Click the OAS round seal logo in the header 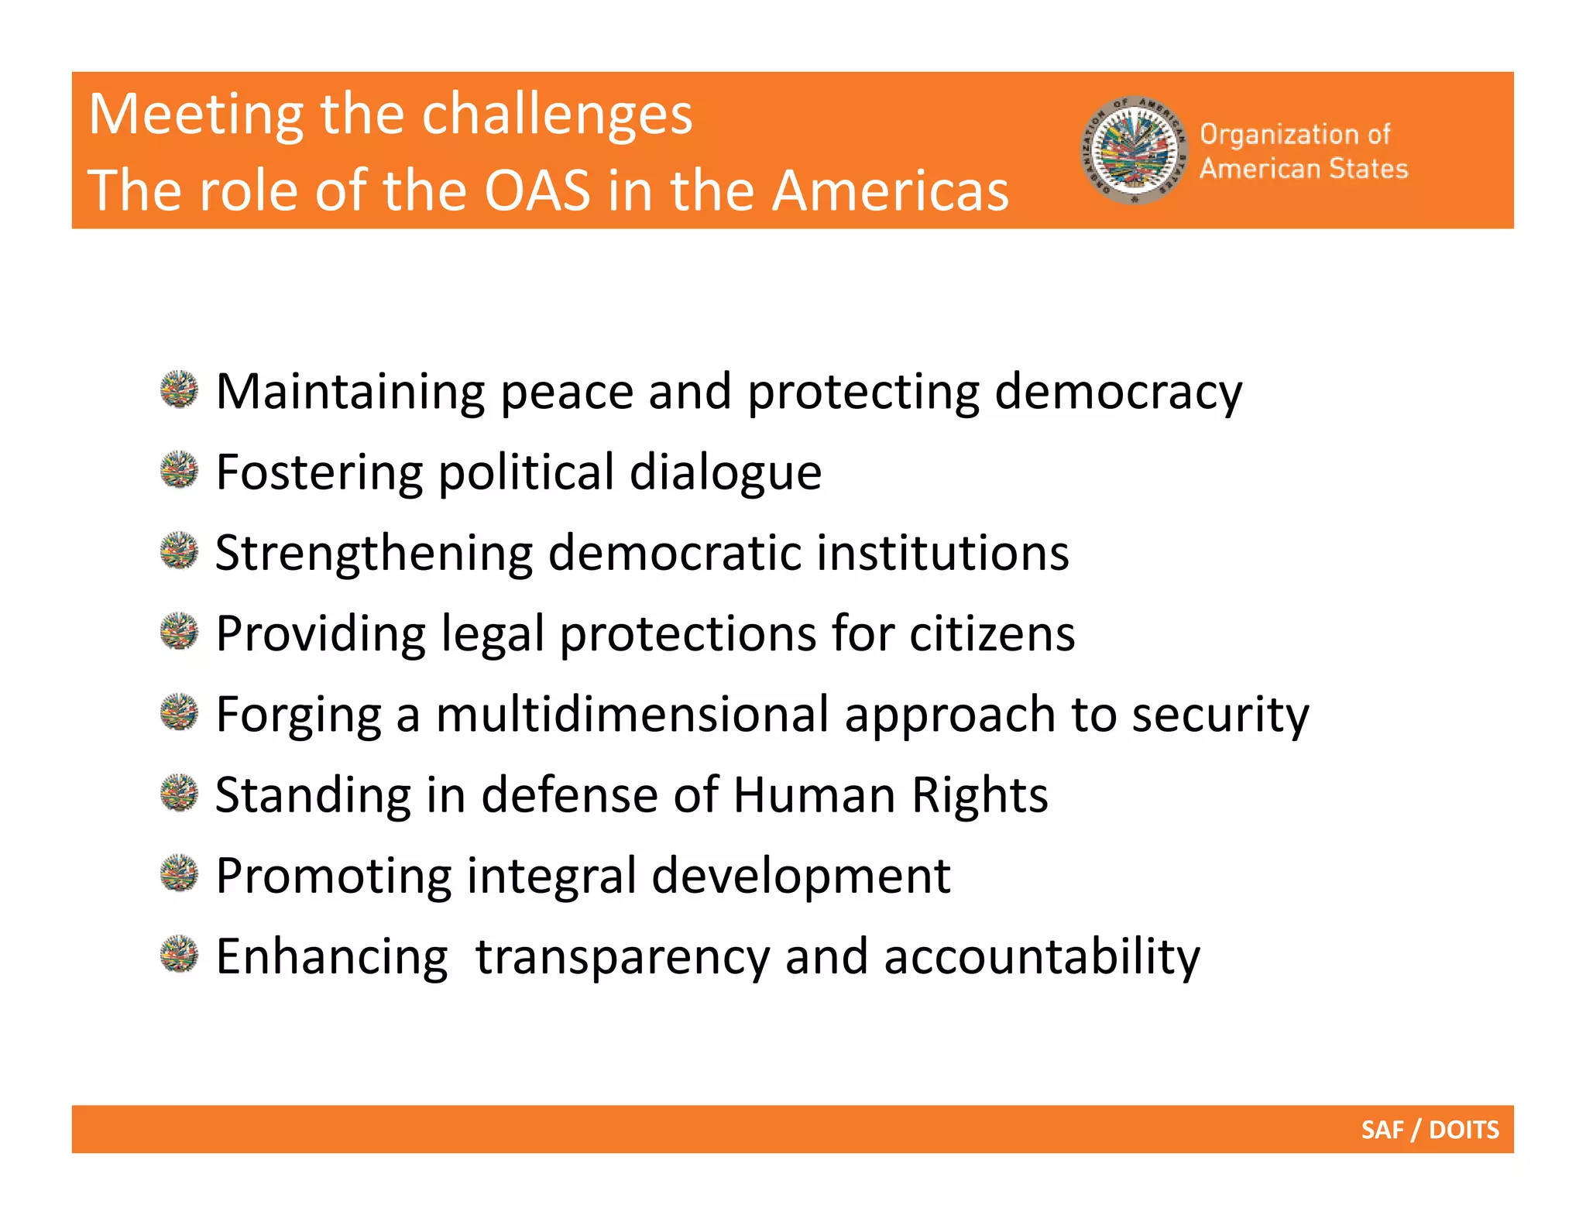(x=1135, y=150)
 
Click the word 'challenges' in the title (x=557, y=115)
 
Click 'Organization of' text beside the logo (x=1295, y=134)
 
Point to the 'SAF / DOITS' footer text (x=1430, y=1130)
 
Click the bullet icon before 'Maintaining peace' (x=180, y=389)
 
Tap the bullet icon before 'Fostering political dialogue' (x=180, y=470)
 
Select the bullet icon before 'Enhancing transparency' (x=180, y=954)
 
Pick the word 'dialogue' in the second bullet (x=725, y=472)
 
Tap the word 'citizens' (x=992, y=633)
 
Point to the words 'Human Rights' (x=890, y=795)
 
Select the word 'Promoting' (x=334, y=877)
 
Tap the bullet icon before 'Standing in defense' (x=180, y=793)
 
